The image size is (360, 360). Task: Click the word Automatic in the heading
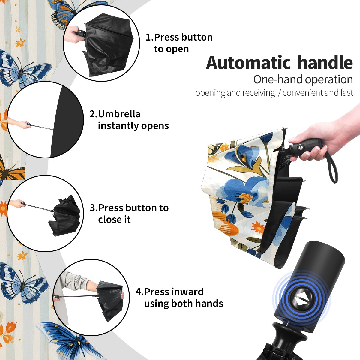[248, 63]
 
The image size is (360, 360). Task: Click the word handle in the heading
[325, 63]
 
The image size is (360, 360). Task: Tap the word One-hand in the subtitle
[278, 79]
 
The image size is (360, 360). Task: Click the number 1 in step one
[148, 37]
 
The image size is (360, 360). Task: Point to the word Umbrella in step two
[119, 114]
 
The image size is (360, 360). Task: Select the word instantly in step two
[118, 126]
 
